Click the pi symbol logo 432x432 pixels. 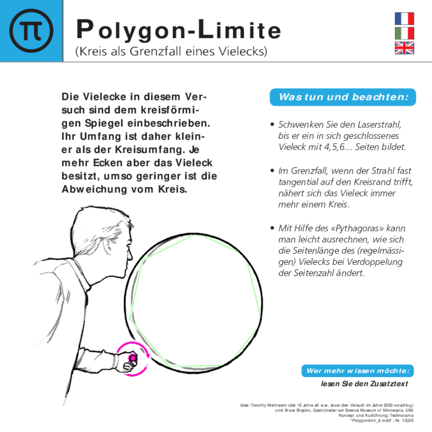pyautogui.click(x=31, y=31)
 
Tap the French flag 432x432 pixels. pyautogui.click(x=404, y=18)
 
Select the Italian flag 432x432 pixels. pyautogui.click(x=404, y=33)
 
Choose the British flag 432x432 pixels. pyautogui.click(x=404, y=48)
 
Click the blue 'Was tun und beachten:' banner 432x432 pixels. pyautogui.click(x=343, y=97)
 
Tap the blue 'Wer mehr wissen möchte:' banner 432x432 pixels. pyautogui.click(x=357, y=371)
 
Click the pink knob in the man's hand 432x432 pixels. pyautogui.click(x=133, y=358)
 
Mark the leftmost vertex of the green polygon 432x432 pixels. pyautogui.click(x=130, y=318)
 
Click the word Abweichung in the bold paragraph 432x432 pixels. pyautogui.click(x=94, y=189)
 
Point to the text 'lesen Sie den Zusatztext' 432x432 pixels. pyautogui.click(x=364, y=384)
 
